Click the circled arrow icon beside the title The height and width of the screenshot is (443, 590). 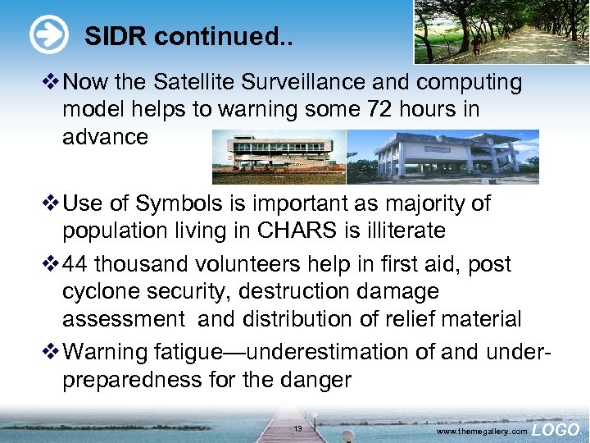click(48, 36)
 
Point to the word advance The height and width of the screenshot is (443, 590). click(105, 137)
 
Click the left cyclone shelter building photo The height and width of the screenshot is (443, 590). click(279, 157)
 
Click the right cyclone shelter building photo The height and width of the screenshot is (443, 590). click(442, 157)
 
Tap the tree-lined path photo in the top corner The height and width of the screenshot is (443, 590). click(501, 32)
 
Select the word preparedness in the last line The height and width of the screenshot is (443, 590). click(132, 380)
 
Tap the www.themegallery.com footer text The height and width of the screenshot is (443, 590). click(482, 430)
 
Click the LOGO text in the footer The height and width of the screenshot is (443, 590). click(556, 428)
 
